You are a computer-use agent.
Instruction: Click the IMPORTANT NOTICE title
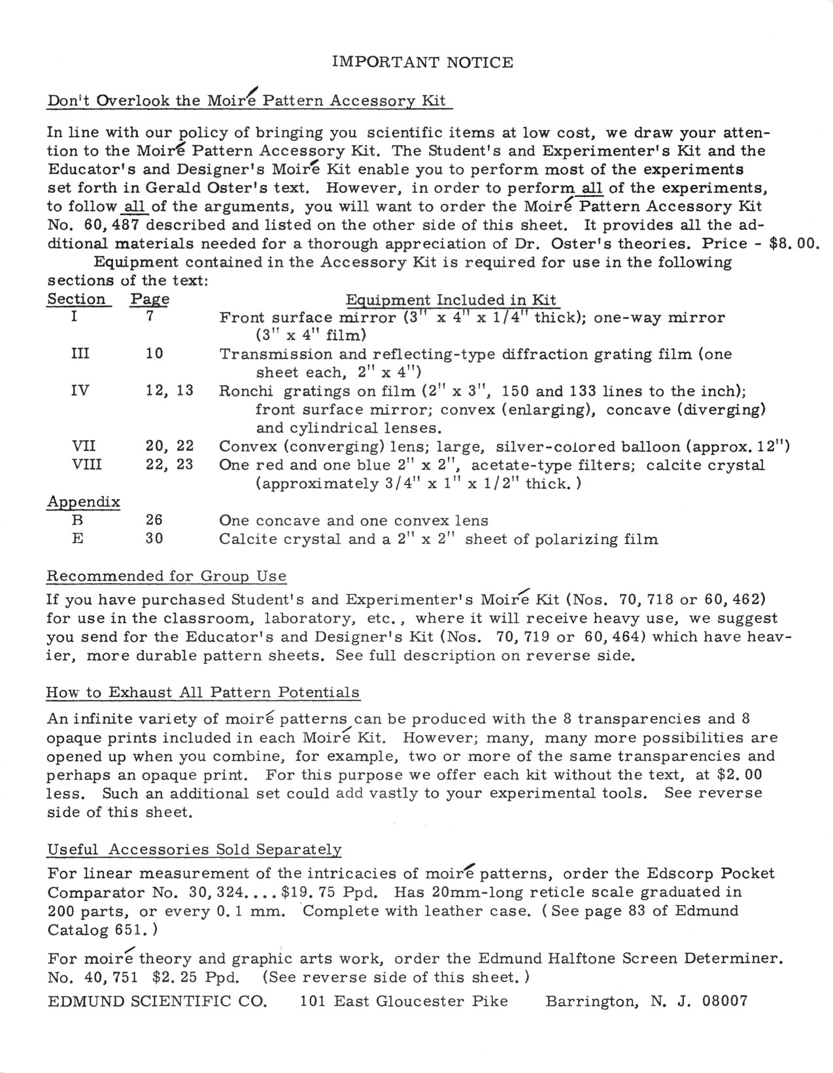coord(422,63)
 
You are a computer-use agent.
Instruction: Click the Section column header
coord(76,299)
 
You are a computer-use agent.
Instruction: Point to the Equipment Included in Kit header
coord(450,300)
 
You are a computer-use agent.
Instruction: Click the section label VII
coord(83,447)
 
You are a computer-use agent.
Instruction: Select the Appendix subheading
coord(83,502)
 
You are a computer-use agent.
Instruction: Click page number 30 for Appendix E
coord(154,539)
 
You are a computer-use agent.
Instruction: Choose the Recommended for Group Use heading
coord(166,576)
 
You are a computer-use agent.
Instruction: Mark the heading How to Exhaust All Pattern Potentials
coord(203,692)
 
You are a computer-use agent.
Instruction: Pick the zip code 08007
coord(724,1001)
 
